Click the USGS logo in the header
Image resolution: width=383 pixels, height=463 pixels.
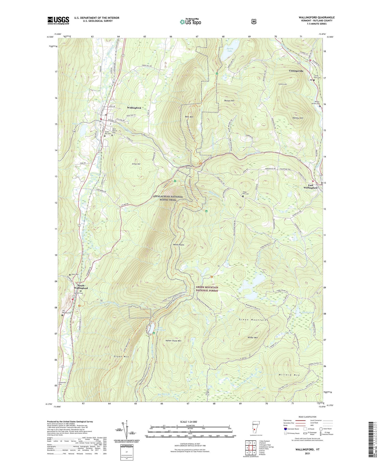coord(58,20)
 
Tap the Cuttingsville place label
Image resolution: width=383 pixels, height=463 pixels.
coord(296,71)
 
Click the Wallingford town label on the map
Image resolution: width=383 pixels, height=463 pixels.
coord(134,108)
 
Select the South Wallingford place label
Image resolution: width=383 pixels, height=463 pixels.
coord(81,287)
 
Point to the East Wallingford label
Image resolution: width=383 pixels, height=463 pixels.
coord(310,186)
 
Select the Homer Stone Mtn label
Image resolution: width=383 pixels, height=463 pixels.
coord(173,341)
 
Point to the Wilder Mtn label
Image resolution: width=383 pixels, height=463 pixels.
coord(253,337)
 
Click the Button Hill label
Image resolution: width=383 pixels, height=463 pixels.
coord(229,101)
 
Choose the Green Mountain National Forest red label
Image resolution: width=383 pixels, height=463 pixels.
coord(207,289)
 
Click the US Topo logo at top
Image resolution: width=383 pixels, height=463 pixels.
coord(190,22)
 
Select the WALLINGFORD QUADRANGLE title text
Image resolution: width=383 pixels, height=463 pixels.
coord(316,17)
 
